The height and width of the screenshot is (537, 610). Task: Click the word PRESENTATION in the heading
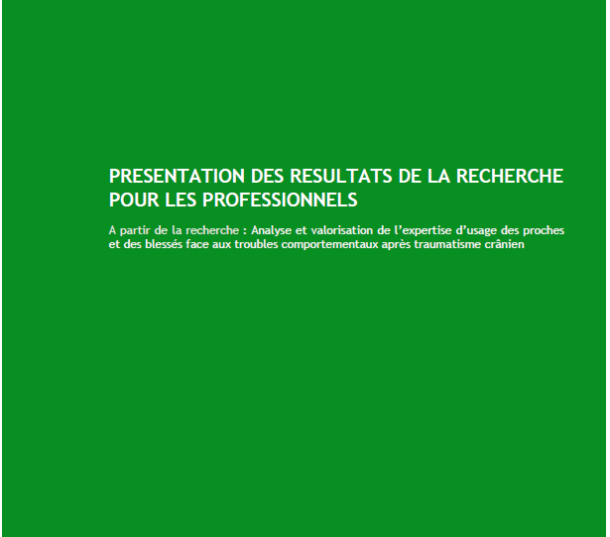[x=177, y=176]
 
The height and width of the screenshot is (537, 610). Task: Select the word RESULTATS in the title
[x=341, y=176]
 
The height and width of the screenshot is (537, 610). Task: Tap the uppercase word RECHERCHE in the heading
[x=510, y=176]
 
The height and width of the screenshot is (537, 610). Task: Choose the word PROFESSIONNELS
[x=280, y=201]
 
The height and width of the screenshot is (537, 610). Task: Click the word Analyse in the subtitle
[x=271, y=230]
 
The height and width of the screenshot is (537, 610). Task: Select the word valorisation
[x=341, y=230]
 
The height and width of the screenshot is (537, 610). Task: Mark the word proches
[x=544, y=230]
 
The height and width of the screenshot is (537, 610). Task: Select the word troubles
[x=256, y=244]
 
